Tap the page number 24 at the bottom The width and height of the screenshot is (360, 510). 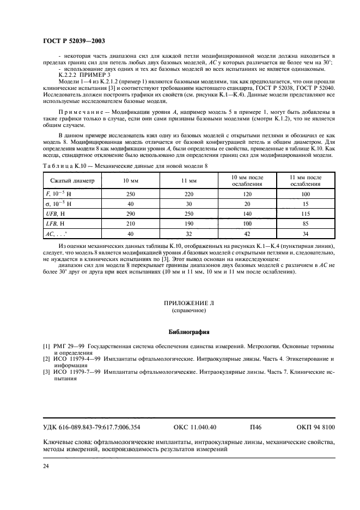pos(46,465)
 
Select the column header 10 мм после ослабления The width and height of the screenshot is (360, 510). pos(247,180)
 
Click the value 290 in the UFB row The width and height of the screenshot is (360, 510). pos(130,214)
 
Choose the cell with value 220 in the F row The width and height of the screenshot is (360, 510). pos(188,193)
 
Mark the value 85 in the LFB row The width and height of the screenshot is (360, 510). pos(305,224)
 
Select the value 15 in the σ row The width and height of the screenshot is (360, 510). pos(305,203)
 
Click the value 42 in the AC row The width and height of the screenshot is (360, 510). pos(247,234)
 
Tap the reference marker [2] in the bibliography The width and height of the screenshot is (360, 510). pos(47,359)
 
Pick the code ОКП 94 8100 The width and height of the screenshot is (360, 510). pos(316,427)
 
